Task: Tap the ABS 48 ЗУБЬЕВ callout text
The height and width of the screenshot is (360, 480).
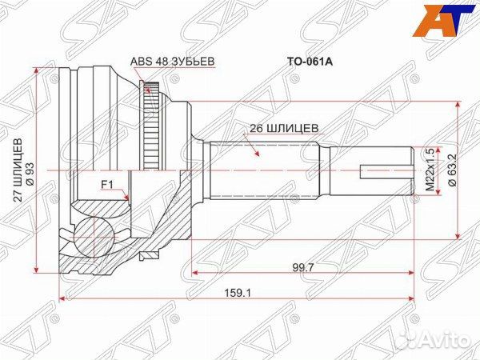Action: click(x=172, y=59)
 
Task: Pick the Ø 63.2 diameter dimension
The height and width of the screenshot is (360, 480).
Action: click(x=452, y=170)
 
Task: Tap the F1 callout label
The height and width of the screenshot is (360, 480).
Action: click(x=106, y=186)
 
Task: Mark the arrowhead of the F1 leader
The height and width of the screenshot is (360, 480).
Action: click(x=129, y=198)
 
